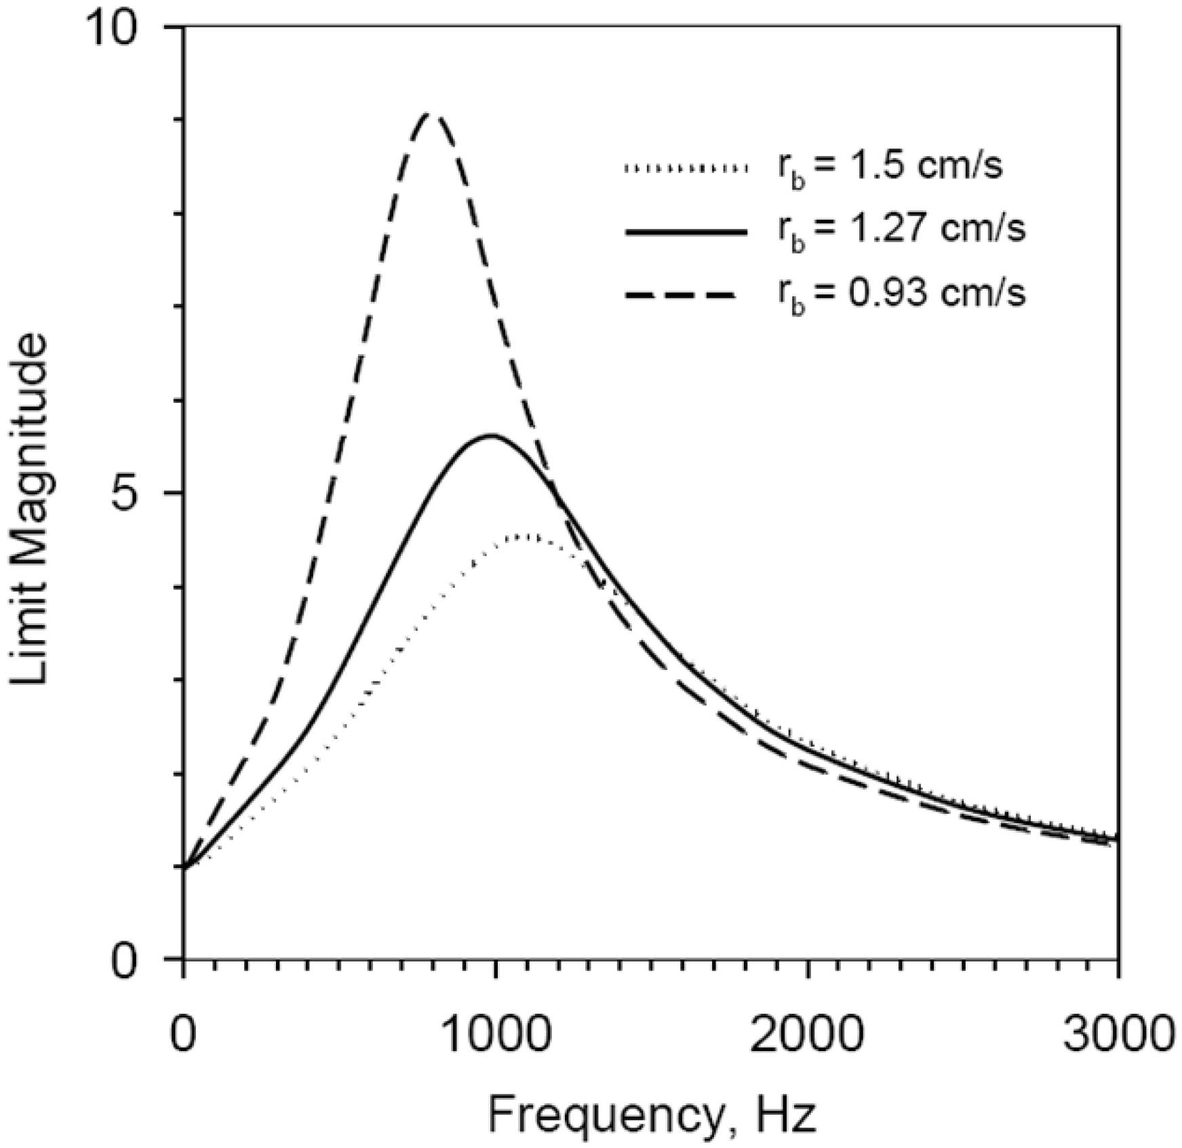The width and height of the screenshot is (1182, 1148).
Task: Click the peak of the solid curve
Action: click(492, 435)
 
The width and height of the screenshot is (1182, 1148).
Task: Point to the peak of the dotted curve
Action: click(528, 536)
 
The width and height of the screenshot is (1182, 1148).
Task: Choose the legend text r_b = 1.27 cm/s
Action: click(901, 231)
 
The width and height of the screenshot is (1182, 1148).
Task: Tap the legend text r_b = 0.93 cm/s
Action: click(901, 295)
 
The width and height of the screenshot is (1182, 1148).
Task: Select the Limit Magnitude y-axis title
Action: click(31, 509)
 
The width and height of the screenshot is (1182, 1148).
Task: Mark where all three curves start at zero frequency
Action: click(184, 866)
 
